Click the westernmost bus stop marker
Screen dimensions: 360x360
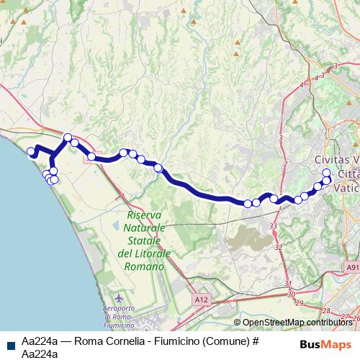click(30, 151)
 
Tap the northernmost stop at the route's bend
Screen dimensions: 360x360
click(68, 137)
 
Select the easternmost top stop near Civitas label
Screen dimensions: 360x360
click(326, 173)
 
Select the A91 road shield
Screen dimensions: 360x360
click(352, 267)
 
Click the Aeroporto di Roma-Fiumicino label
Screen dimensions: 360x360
click(119, 318)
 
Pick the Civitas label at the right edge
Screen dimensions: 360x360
click(336, 159)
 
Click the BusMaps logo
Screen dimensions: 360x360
click(326, 344)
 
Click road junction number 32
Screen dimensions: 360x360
click(278, 247)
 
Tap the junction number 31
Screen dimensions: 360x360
click(289, 283)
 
